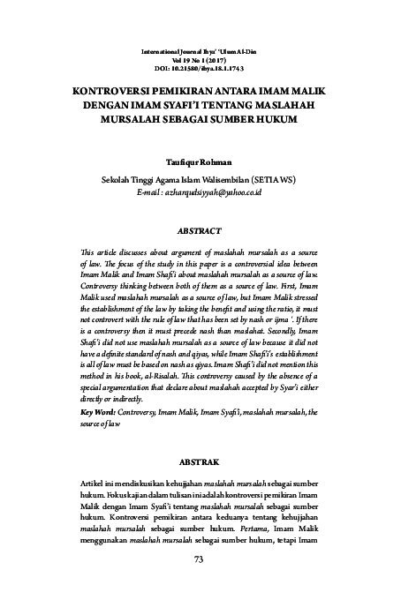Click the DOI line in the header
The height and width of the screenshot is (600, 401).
tap(199, 66)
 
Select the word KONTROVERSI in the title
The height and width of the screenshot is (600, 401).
tap(104, 89)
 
